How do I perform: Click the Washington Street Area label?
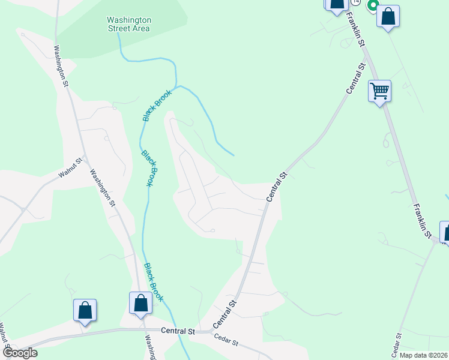(x=129, y=23)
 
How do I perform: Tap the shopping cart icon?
(x=379, y=91)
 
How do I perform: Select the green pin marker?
(x=372, y=7)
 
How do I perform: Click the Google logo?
(x=19, y=353)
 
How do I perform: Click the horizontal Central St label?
(x=178, y=331)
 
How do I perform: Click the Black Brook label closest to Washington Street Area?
(x=157, y=105)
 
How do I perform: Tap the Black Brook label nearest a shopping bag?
(x=154, y=282)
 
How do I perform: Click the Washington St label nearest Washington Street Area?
(x=61, y=66)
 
